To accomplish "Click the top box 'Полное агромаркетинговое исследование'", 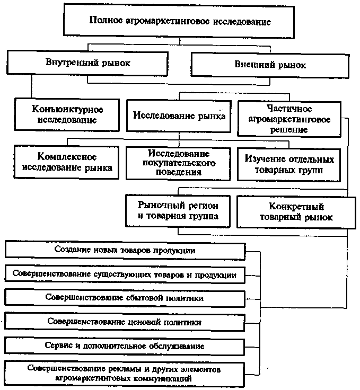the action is (179, 21).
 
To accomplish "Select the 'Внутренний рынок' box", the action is (87, 63).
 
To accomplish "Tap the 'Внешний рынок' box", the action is (270, 65).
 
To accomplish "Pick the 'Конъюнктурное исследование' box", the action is (67, 114).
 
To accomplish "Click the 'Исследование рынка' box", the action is (179, 116).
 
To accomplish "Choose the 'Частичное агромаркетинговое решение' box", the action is (289, 119).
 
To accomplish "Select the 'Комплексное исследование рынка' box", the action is (66, 162).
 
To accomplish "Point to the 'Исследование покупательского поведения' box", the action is (178, 163).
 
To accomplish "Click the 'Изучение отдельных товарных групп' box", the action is (289, 165).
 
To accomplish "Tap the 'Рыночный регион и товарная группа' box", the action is (178, 211).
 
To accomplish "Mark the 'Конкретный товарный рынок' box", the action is (296, 212).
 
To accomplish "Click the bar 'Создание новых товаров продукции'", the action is (125, 250).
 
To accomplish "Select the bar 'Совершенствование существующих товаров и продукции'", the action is (125, 274).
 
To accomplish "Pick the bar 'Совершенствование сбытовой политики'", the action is (125, 298).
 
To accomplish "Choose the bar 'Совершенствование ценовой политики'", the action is (125, 322).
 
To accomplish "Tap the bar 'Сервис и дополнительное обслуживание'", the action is (125, 346).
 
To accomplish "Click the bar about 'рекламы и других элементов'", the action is (124, 374).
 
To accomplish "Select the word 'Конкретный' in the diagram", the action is (296, 207).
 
